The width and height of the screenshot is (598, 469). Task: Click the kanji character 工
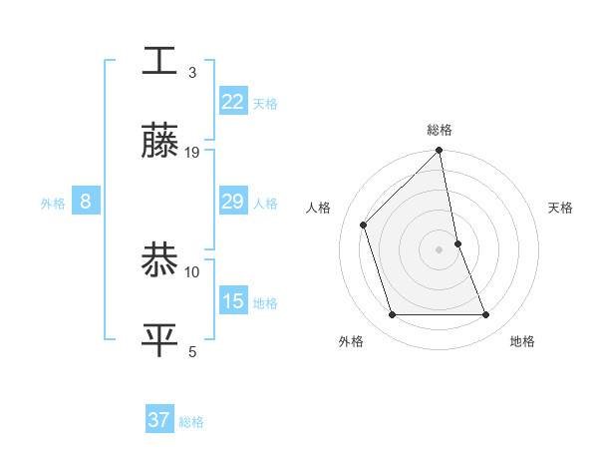159,61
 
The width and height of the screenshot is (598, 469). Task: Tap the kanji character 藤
159,142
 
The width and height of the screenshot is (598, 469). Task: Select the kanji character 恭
159,260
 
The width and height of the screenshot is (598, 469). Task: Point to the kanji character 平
159,340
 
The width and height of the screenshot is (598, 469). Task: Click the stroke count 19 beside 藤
192,153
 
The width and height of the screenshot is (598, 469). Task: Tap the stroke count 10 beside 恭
192,271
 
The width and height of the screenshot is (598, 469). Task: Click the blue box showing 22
232,102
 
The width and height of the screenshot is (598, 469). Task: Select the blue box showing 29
232,202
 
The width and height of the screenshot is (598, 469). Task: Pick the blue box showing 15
232,301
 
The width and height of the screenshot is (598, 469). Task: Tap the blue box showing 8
86,202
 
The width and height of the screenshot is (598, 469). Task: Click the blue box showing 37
159,420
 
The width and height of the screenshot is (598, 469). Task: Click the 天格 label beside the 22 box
265,104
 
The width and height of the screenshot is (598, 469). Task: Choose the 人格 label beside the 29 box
265,204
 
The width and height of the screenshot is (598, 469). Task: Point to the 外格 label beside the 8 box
53,204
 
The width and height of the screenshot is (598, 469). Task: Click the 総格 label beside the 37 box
191,422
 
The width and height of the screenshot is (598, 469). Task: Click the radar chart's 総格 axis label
440,130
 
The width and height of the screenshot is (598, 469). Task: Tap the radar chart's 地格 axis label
522,341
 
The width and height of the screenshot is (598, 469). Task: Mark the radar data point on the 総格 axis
440,152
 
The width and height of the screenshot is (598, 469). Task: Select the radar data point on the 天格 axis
457,243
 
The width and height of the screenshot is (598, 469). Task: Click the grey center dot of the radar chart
440,249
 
